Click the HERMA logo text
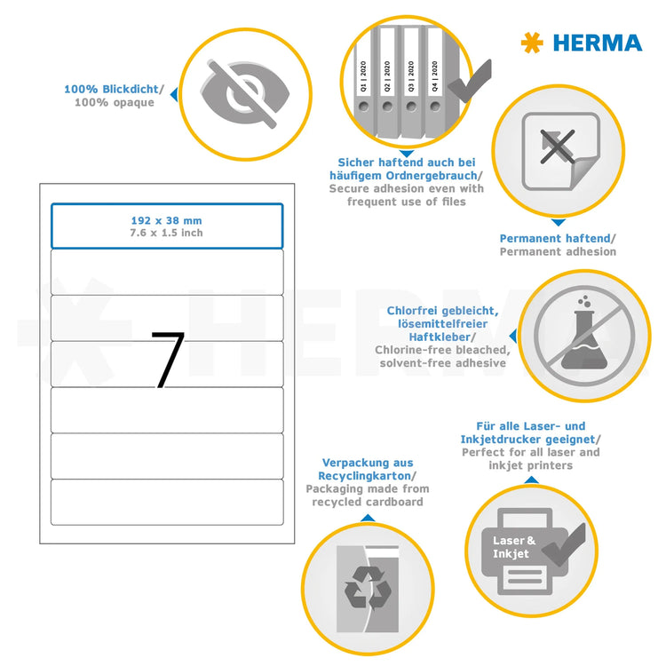click(x=597, y=43)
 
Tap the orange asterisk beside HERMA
click(x=532, y=43)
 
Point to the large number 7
click(x=167, y=361)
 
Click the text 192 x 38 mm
click(x=167, y=218)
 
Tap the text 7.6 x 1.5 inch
click(x=167, y=233)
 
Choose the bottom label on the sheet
click(x=167, y=503)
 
